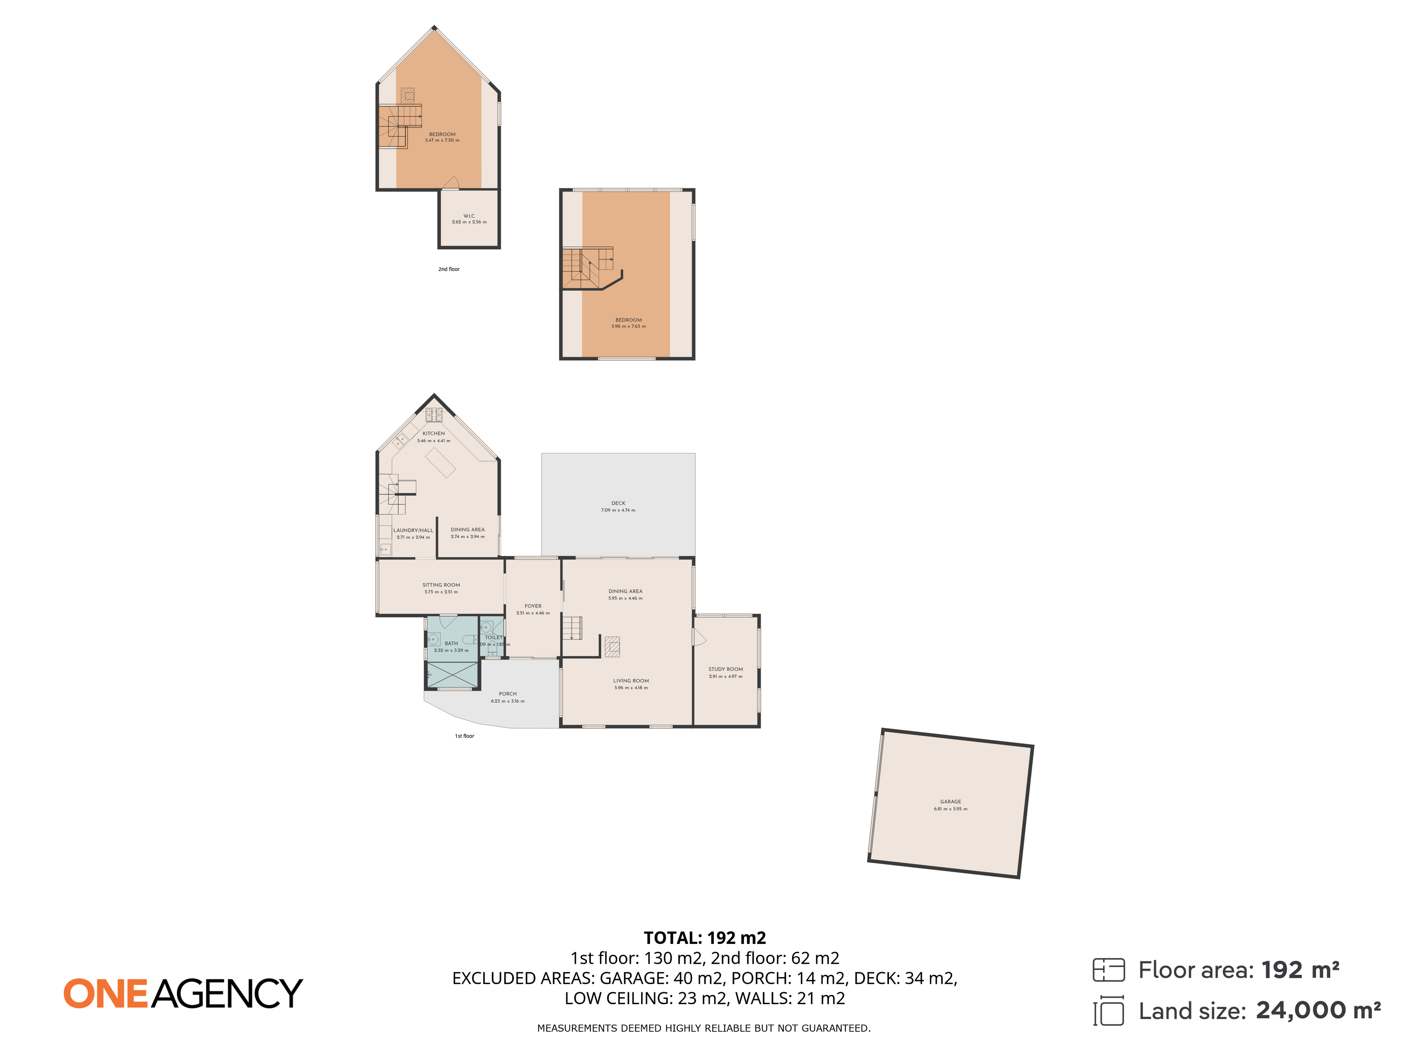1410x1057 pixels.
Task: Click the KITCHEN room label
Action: click(x=433, y=433)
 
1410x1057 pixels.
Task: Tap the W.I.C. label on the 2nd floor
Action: click(x=469, y=216)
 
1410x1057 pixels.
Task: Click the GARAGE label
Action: click(x=950, y=802)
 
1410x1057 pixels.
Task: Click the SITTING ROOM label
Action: click(x=441, y=585)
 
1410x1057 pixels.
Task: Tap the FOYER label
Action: click(x=533, y=606)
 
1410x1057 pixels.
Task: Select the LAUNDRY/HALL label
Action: click(x=413, y=530)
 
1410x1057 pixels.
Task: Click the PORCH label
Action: click(x=507, y=694)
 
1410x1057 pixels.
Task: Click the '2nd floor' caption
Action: click(x=449, y=269)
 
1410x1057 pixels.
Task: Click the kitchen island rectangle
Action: click(x=441, y=462)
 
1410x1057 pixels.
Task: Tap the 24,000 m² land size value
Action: click(x=1317, y=1010)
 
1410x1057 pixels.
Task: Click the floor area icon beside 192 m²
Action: click(x=1109, y=970)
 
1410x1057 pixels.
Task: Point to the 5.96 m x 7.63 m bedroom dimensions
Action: click(x=629, y=326)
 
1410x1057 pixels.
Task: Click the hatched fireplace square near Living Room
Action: click(x=612, y=647)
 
